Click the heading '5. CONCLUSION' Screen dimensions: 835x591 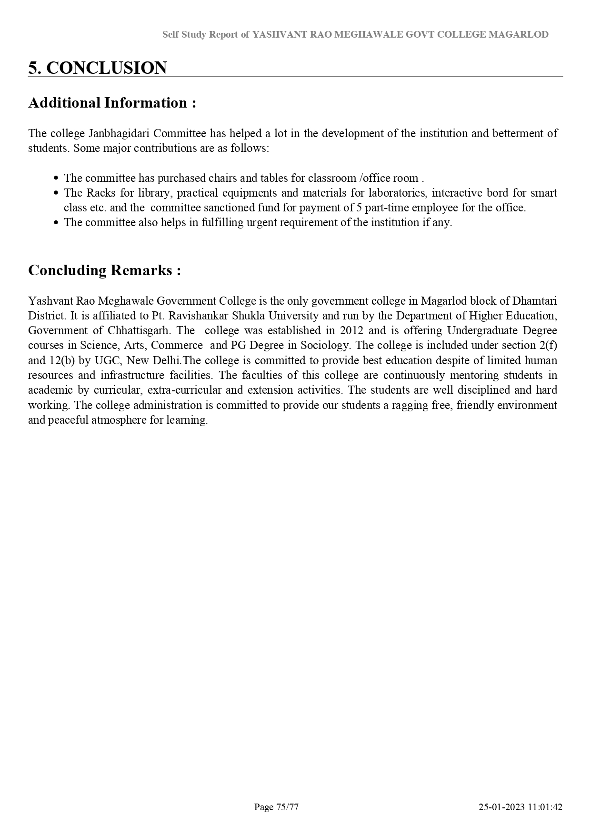(97, 68)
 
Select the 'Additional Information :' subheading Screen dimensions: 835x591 (112, 103)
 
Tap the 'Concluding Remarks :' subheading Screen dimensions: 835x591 (104, 270)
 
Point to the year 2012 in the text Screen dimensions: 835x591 (351, 330)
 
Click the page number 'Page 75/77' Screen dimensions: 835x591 (276, 807)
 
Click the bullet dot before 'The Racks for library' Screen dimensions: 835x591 (56, 193)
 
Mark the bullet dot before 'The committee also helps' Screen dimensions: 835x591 (56, 222)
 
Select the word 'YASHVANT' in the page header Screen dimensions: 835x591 (275, 34)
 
